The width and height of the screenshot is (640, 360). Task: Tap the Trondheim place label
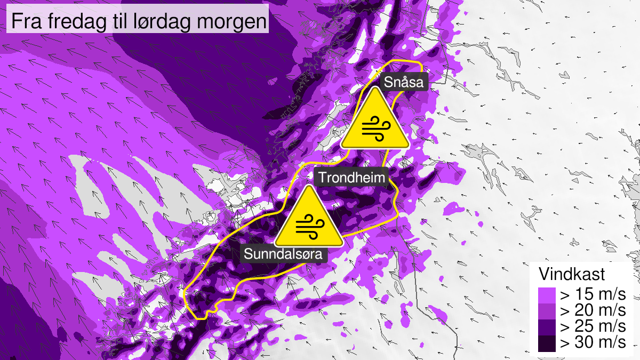click(x=351, y=178)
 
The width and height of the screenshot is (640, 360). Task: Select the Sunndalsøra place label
click(x=283, y=254)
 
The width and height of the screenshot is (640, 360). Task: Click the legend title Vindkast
click(x=572, y=275)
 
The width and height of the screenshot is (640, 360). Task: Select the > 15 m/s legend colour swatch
click(x=547, y=294)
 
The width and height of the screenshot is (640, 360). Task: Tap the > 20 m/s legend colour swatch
click(x=547, y=310)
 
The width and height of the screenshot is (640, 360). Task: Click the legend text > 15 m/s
click(x=592, y=294)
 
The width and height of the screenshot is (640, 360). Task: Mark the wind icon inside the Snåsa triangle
click(x=375, y=129)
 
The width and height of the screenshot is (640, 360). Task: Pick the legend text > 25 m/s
click(x=592, y=326)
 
